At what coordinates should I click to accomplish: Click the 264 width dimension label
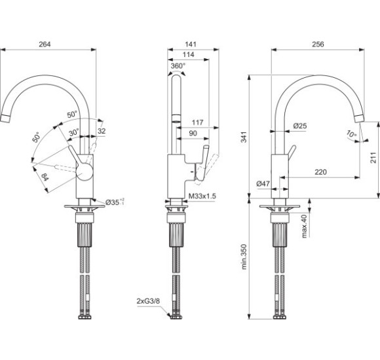click(45, 44)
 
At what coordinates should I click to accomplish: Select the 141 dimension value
click(191, 44)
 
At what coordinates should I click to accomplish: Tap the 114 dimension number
click(188, 54)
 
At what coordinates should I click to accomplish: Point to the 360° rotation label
click(178, 65)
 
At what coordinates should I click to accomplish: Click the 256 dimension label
click(318, 44)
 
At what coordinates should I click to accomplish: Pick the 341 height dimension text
click(244, 137)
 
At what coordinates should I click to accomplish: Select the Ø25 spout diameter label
click(300, 126)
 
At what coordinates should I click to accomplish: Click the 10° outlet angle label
click(351, 134)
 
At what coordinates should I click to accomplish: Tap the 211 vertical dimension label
click(373, 158)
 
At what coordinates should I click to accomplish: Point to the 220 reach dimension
click(320, 172)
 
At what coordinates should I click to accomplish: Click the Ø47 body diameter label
click(263, 184)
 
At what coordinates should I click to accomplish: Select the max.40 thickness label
click(304, 226)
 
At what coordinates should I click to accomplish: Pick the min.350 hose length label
click(244, 257)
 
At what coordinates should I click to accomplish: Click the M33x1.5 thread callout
click(202, 196)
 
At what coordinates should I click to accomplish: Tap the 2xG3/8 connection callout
click(148, 301)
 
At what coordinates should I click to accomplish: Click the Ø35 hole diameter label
click(115, 202)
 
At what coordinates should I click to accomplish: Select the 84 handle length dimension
click(45, 177)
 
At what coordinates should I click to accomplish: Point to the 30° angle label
click(73, 133)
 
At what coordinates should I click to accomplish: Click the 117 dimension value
click(197, 122)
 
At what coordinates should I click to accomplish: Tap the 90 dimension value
click(193, 133)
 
